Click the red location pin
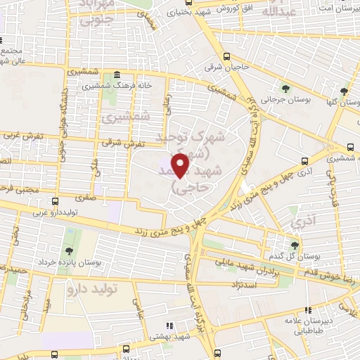[182, 165]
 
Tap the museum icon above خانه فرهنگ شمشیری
[116, 75]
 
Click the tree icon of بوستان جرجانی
[285, 89]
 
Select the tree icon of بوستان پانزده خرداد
[68, 250]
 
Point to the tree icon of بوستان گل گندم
[295, 245]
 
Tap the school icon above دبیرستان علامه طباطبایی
[307, 309]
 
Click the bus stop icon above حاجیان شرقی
[226, 56]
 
